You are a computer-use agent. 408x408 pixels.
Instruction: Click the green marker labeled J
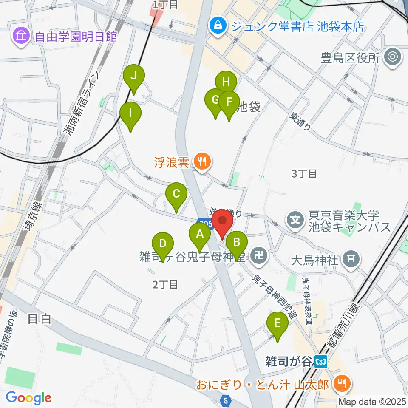point(134,76)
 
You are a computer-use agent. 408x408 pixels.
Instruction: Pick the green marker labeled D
point(163,244)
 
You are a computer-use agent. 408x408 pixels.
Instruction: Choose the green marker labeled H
point(226,82)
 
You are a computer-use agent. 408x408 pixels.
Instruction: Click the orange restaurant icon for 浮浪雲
point(202,161)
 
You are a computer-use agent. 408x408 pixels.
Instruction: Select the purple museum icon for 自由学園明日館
point(20,37)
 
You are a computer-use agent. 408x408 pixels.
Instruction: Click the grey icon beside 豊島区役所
point(392,57)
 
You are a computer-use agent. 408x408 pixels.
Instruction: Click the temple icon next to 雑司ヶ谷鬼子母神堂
point(258,256)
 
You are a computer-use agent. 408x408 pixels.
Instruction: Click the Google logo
point(28,398)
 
